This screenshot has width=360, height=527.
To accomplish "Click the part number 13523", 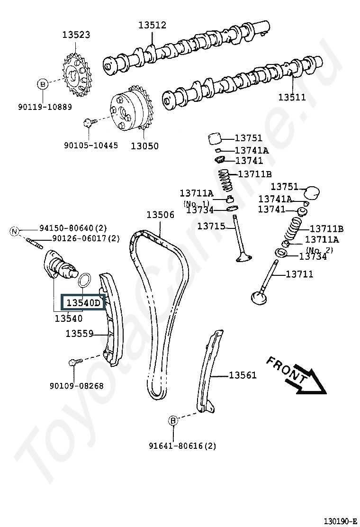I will coord(76,35).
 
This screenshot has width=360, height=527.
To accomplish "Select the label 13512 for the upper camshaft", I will coord(152,25).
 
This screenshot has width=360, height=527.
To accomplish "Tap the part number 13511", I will coord(292,98).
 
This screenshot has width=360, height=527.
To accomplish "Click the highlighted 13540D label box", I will coord(83,302).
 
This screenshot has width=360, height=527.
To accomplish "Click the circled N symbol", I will coord(15,231).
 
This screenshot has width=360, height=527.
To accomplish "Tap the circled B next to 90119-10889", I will coord(43,84).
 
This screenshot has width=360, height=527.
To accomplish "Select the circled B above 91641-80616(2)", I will coord(173,420).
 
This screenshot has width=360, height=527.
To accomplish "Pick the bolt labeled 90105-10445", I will coord(89,122).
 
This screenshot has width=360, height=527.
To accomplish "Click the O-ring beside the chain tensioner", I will coord(84,281).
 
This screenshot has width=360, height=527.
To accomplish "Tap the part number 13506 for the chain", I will coord(160,215).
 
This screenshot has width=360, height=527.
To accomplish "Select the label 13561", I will coord(243,375).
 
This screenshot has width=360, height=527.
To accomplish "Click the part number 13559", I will coord(79,334).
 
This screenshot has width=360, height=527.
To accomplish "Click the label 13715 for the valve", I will coord(211,227).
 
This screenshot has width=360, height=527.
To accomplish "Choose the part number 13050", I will coord(144,146).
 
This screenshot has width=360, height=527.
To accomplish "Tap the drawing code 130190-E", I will coord(340,521).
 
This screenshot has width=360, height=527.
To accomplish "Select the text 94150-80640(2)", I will coord(73,228).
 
